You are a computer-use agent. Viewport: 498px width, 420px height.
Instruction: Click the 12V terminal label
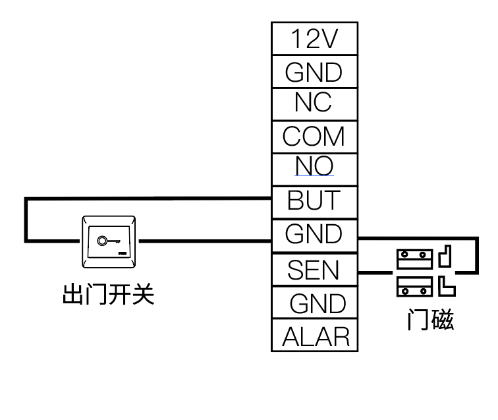[x=314, y=39]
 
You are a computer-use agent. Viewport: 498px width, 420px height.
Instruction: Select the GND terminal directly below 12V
[x=314, y=72]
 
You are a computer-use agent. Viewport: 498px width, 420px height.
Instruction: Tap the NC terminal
[x=314, y=103]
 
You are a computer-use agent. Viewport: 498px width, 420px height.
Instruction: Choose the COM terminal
[x=314, y=136]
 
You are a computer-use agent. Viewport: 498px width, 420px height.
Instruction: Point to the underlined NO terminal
[x=314, y=167]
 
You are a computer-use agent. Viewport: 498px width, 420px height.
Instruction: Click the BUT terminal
[x=314, y=200]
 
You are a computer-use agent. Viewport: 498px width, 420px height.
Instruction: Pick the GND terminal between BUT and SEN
[x=314, y=234]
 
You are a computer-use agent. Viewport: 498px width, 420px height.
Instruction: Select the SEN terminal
[x=314, y=270]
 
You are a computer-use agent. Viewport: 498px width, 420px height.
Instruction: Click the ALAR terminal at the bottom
[x=316, y=337]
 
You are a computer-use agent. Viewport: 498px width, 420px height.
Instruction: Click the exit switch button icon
[x=109, y=242]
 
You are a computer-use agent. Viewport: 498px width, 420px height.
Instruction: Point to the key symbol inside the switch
[x=104, y=241]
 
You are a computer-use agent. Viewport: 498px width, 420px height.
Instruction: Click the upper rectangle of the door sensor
[x=414, y=258]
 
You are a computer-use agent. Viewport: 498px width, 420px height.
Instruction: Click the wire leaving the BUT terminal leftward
[x=152, y=198]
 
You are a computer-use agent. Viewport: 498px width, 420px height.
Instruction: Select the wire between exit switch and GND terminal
[x=204, y=241]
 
